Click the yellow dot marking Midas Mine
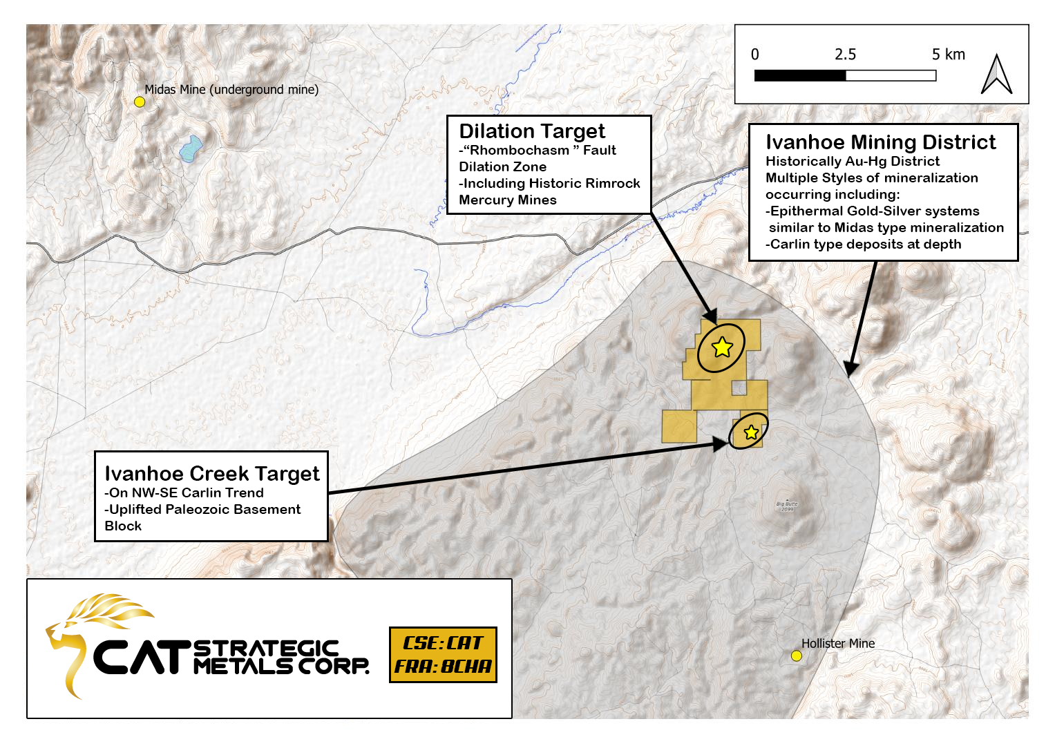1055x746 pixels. tap(140, 102)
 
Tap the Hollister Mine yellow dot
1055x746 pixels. tap(796, 656)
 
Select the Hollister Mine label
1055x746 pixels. tap(838, 643)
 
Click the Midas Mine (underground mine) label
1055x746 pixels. tap(231, 90)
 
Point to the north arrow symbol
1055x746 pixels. tap(996, 75)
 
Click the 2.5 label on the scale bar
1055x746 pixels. tap(845, 55)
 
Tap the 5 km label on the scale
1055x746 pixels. tap(948, 55)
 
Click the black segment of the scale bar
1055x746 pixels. tap(800, 76)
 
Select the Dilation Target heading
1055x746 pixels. tap(532, 131)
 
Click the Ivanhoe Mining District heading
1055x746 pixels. tap(880, 142)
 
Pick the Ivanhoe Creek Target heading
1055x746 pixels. tap(211, 474)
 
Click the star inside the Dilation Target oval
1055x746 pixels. tap(722, 347)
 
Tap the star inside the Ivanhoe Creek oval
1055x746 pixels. tap(751, 432)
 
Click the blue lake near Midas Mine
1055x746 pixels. tap(191, 148)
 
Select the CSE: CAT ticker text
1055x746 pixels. tap(443, 643)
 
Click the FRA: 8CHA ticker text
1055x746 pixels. tap(443, 667)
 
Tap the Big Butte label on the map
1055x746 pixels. tap(786, 504)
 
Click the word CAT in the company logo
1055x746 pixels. tap(142, 657)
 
